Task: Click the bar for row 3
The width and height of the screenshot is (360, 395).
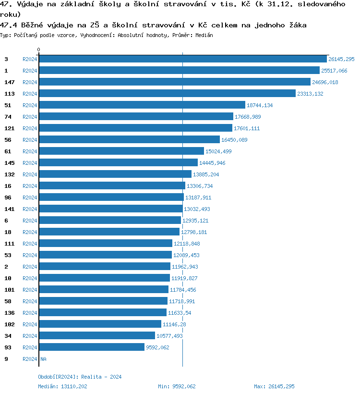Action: pos(182,59)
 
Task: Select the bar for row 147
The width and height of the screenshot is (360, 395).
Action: pos(175,82)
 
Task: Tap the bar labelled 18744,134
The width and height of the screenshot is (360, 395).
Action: pos(142,105)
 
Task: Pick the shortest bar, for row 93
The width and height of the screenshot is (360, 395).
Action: pos(92,347)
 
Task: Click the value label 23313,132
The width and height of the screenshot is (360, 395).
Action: pos(310,94)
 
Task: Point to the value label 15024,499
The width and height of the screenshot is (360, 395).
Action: pos(218,151)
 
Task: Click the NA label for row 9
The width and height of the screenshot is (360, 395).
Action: pos(43,359)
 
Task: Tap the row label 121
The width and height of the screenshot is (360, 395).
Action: pos(10,128)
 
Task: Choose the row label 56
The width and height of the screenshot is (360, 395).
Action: pos(8,140)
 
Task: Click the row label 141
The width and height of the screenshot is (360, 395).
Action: pos(10,209)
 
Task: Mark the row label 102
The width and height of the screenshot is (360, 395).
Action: pos(10,324)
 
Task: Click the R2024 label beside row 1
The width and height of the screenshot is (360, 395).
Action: pos(30,71)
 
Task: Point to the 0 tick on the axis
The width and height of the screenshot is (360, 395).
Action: pos(39,50)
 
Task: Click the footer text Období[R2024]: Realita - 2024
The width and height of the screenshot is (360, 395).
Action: pos(80,377)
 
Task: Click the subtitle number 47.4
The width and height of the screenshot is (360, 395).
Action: pos(8,25)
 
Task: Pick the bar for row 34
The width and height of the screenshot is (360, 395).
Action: pos(97,335)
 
